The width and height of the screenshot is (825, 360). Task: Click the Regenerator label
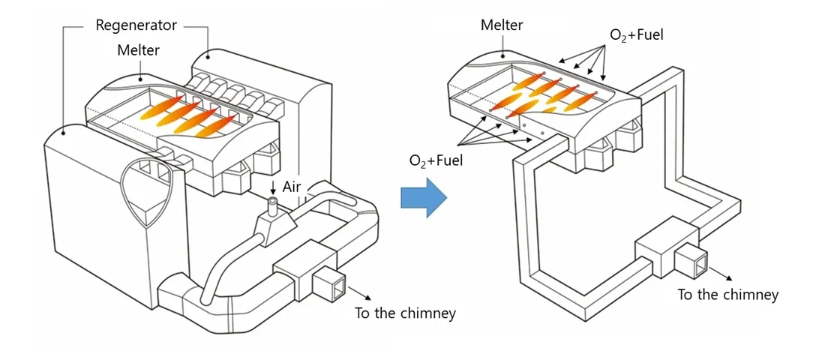tap(136, 25)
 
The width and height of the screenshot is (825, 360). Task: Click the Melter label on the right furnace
tap(501, 25)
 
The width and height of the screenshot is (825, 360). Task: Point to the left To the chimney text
tap(405, 313)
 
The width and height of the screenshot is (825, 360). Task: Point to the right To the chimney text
tap(727, 295)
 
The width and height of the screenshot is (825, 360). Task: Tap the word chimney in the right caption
tap(751, 295)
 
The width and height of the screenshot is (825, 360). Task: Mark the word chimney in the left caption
tap(429, 313)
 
